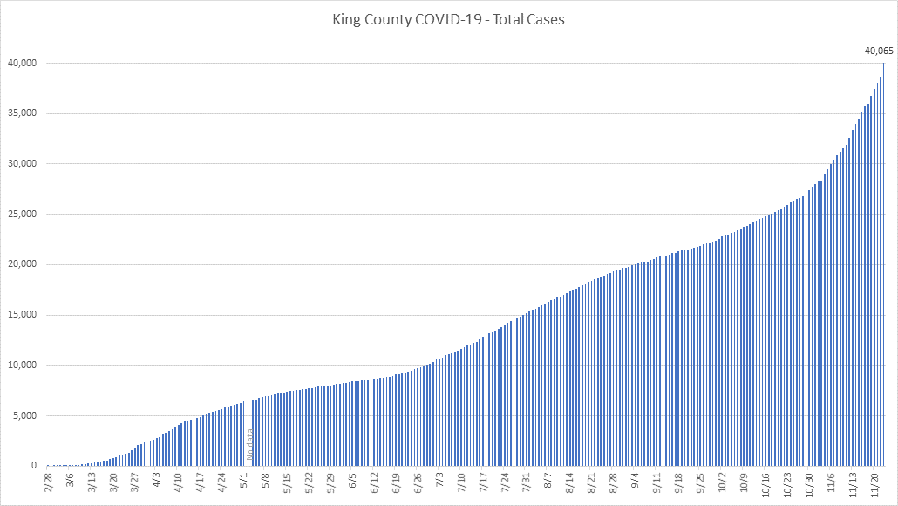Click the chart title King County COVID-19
[x=448, y=19]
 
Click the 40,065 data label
[x=879, y=51]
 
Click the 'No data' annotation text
[x=251, y=445]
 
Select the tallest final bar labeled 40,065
[x=883, y=262]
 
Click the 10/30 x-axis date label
[x=810, y=483]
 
